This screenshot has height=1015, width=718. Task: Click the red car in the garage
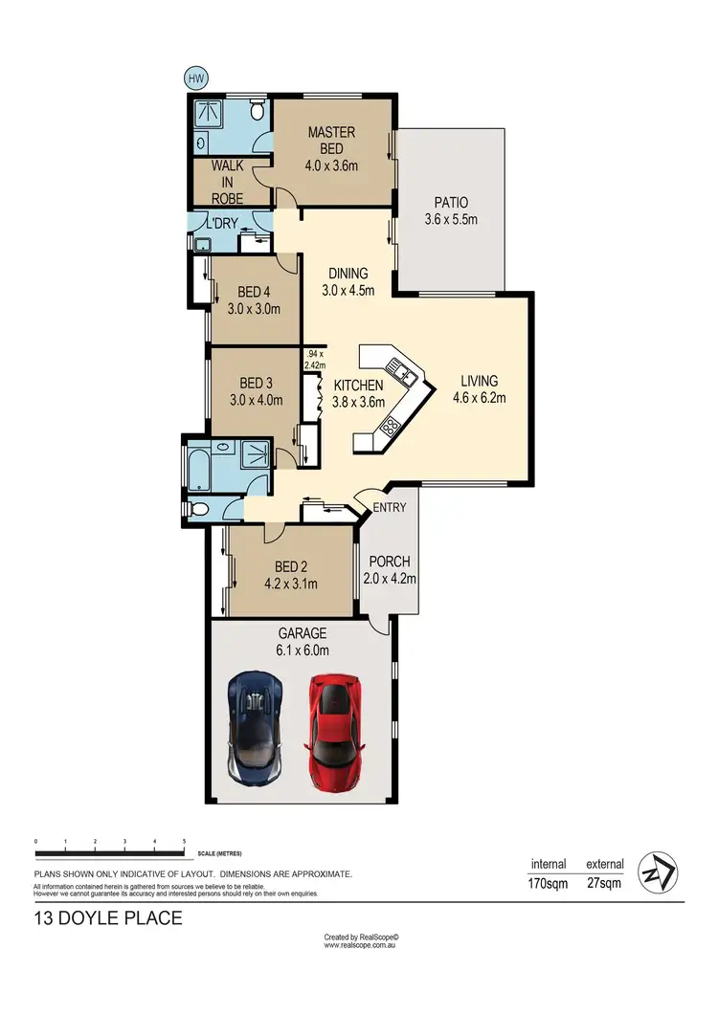click(x=334, y=734)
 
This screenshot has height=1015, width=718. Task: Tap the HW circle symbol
click(x=196, y=77)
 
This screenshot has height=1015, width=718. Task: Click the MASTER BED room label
click(x=331, y=140)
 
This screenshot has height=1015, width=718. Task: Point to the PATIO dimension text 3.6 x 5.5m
click(x=450, y=220)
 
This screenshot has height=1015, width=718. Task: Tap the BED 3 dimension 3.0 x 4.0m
click(x=256, y=400)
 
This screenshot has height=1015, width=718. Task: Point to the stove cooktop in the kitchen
click(x=391, y=427)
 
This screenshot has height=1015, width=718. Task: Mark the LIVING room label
click(x=478, y=381)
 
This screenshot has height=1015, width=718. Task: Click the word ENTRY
click(x=390, y=507)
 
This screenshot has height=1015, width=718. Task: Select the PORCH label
click(x=389, y=562)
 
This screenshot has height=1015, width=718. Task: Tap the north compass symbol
click(x=657, y=872)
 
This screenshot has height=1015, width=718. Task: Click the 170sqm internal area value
click(x=548, y=883)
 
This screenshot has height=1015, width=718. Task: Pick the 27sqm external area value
click(x=603, y=883)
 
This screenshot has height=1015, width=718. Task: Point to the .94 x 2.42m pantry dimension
click(x=315, y=359)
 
